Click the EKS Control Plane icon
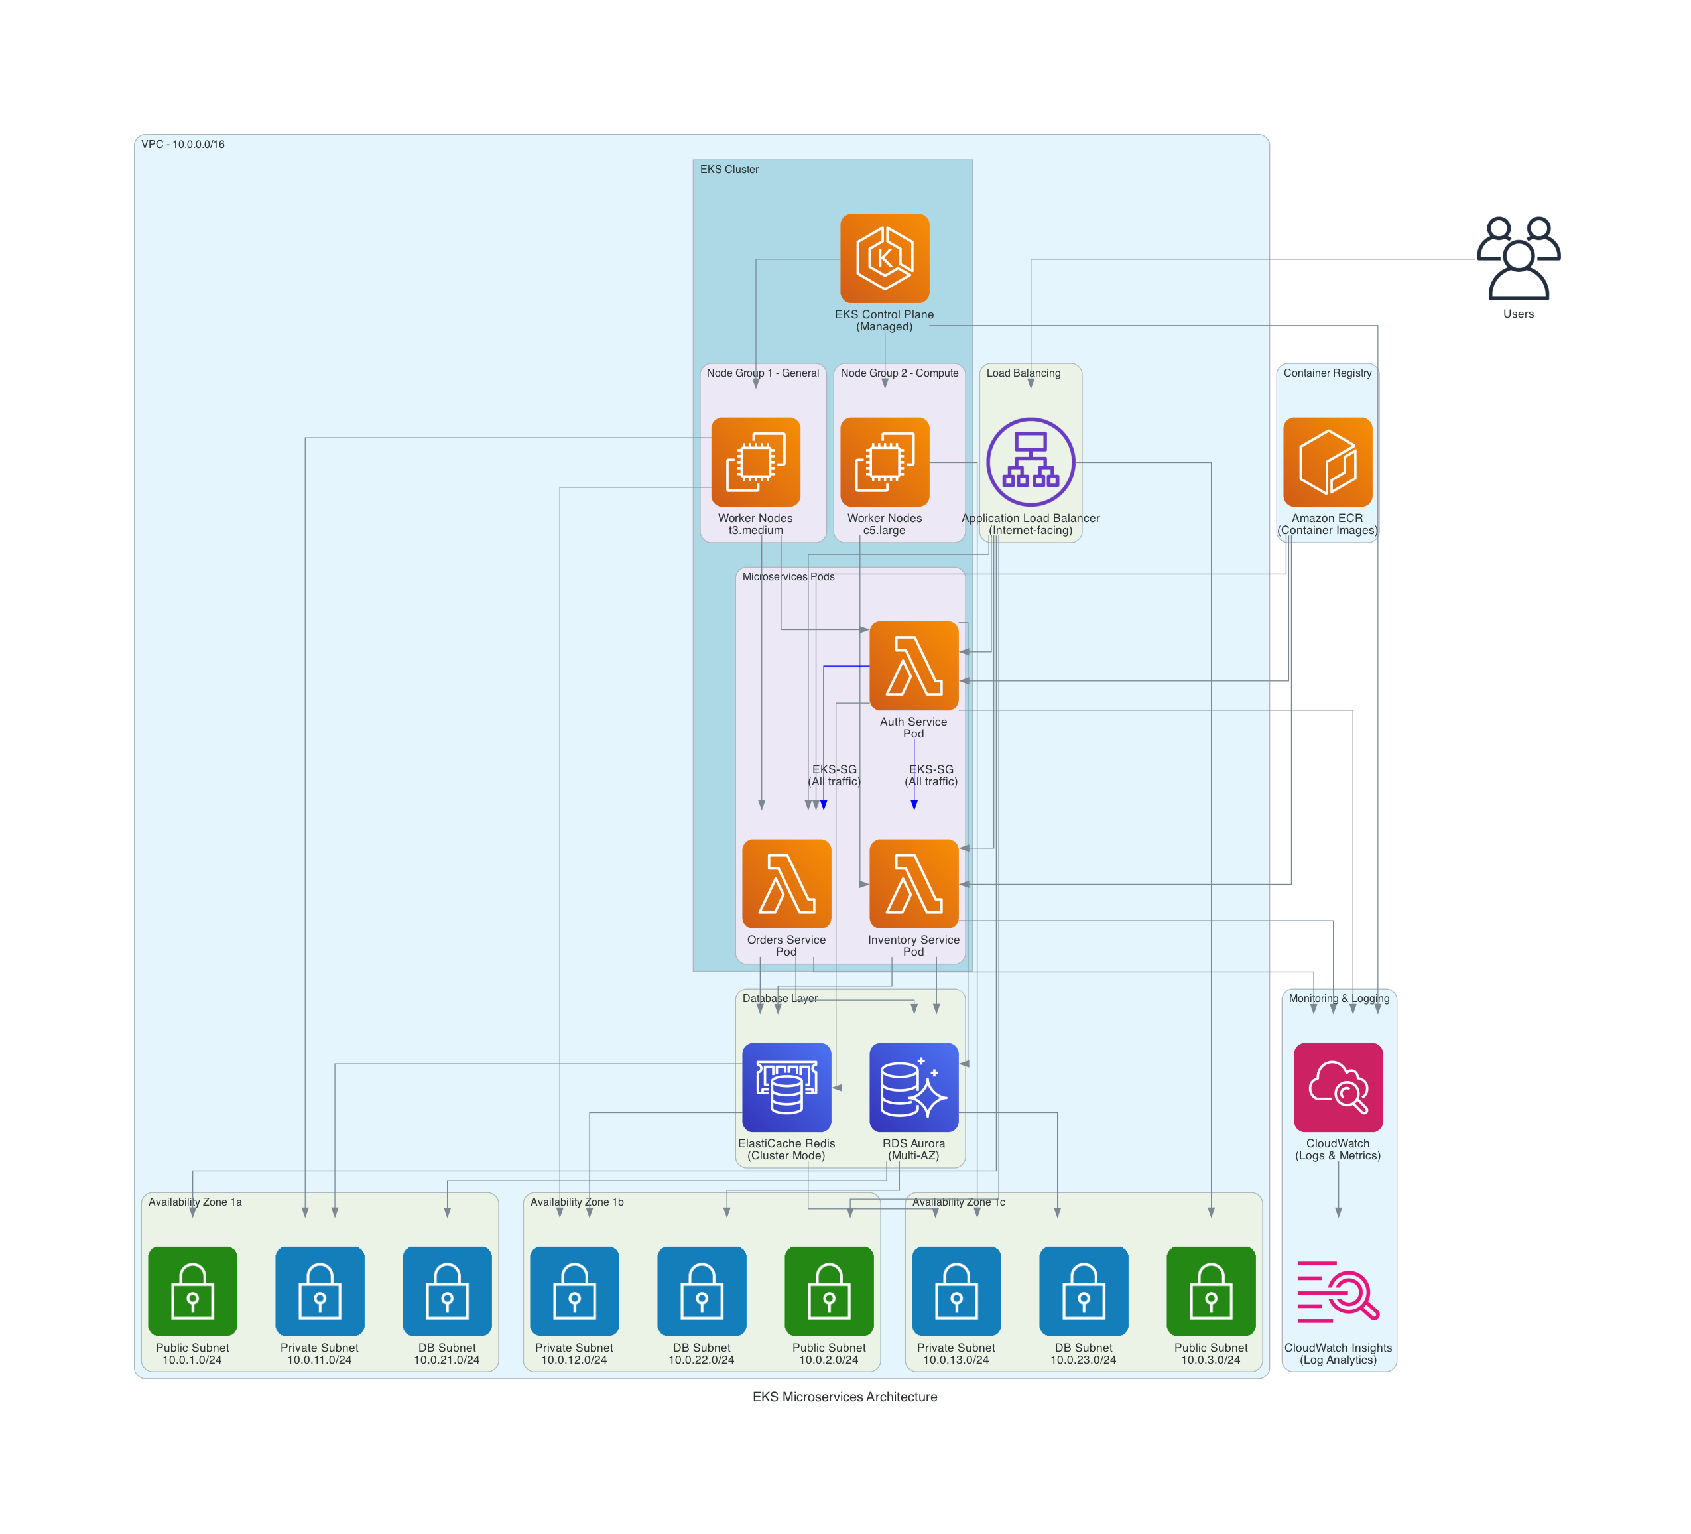pos(884,259)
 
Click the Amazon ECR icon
pos(1327,462)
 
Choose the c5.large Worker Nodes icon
pos(884,462)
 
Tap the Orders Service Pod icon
pos(786,883)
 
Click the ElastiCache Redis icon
pos(786,1087)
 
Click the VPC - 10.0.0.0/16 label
pos(183,145)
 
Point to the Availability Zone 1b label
pos(576,1202)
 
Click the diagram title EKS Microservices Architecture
pos(845,1397)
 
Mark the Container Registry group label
pos(1327,373)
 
